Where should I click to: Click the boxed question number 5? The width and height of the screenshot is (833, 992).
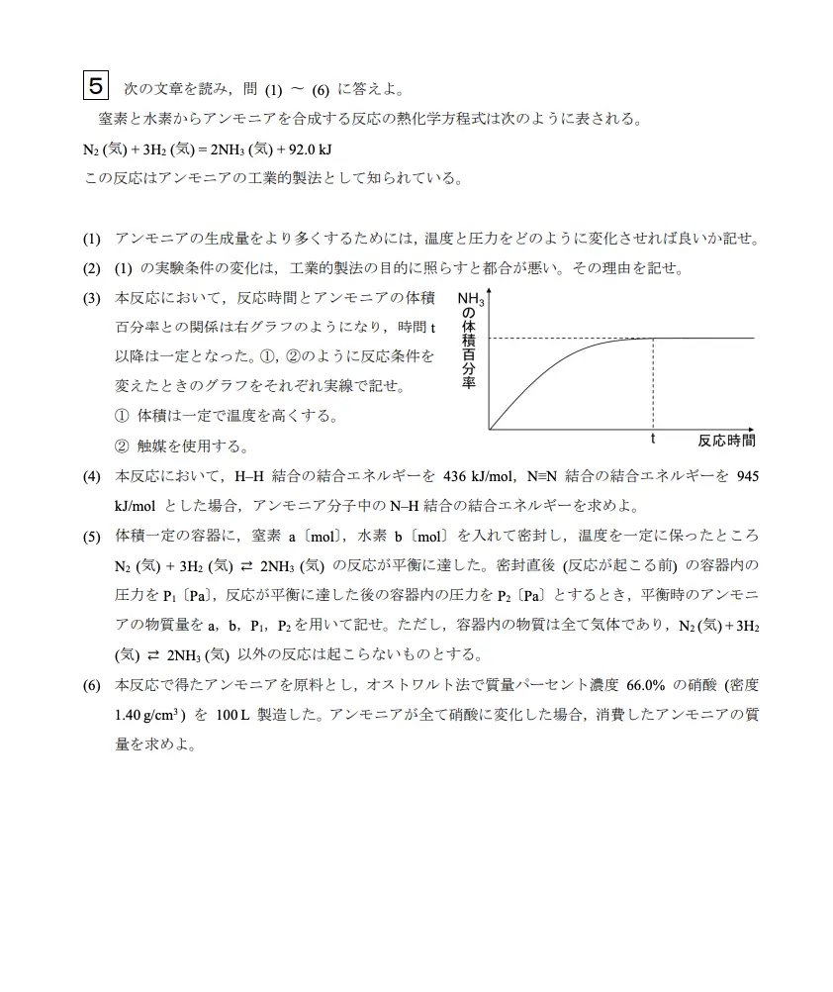[95, 86]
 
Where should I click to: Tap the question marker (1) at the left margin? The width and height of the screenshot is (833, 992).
[92, 239]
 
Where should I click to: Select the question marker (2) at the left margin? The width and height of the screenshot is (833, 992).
[92, 268]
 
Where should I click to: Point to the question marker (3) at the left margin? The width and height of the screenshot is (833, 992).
[92, 298]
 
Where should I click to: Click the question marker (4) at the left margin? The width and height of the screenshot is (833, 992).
[92, 476]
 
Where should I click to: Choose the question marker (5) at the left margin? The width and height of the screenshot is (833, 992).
[92, 536]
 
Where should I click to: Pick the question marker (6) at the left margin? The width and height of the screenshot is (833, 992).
[92, 684]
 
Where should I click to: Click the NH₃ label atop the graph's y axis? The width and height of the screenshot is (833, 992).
[471, 299]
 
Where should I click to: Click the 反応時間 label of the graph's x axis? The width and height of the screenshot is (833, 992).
[726, 441]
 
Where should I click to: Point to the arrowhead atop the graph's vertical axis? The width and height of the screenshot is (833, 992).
[489, 293]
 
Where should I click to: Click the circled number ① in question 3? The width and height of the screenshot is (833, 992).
[122, 416]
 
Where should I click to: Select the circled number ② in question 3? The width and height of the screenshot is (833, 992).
[122, 446]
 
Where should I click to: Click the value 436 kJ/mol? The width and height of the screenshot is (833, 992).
[478, 476]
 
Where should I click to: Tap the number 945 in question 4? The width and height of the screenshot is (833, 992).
[748, 476]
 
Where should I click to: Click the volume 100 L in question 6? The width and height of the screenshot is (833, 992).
[233, 714]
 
